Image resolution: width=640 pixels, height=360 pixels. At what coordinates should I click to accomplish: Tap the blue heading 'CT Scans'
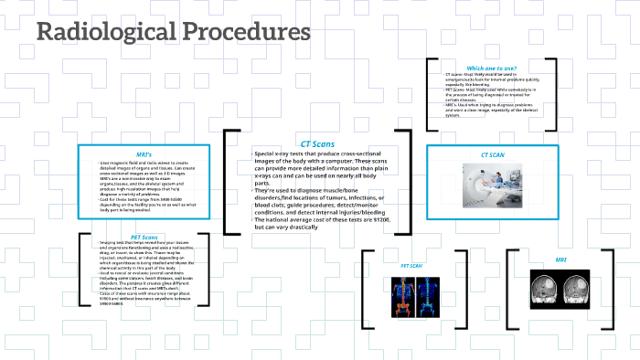pyautogui.click(x=317, y=144)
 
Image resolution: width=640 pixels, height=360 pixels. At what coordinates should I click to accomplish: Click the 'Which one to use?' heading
pyautogui.click(x=491, y=68)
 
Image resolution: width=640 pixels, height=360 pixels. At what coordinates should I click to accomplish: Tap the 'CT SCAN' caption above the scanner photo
pyautogui.click(x=493, y=155)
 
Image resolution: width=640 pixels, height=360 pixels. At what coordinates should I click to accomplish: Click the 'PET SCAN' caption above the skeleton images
pyautogui.click(x=411, y=266)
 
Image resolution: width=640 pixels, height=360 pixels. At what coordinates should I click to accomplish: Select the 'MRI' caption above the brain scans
pyautogui.click(x=560, y=259)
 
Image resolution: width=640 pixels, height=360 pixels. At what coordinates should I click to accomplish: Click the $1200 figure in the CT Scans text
pyautogui.click(x=382, y=220)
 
